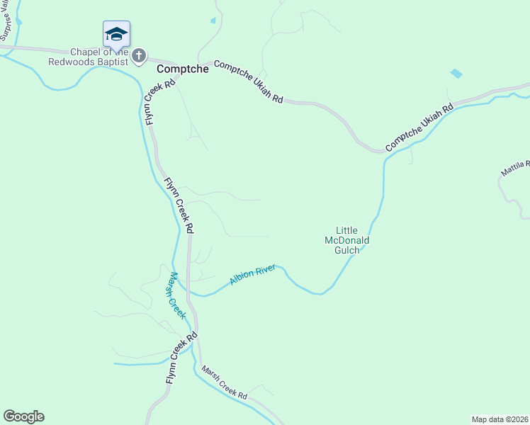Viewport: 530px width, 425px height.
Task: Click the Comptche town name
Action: pos(183,69)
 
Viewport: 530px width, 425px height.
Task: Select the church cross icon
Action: pos(140,55)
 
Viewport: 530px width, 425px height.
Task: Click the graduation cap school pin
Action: pos(116,34)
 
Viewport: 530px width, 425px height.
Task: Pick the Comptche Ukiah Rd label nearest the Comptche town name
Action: pos(249,81)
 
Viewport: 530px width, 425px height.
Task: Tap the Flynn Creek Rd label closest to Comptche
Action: pos(160,102)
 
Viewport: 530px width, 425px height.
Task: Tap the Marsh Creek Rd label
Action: pos(223,382)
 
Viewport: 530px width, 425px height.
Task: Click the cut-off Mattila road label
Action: pos(515,168)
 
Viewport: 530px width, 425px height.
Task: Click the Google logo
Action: pos(23,416)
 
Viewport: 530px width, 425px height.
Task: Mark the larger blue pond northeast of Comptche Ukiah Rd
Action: pos(456,73)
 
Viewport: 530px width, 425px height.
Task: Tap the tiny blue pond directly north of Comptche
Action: pos(213,21)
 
